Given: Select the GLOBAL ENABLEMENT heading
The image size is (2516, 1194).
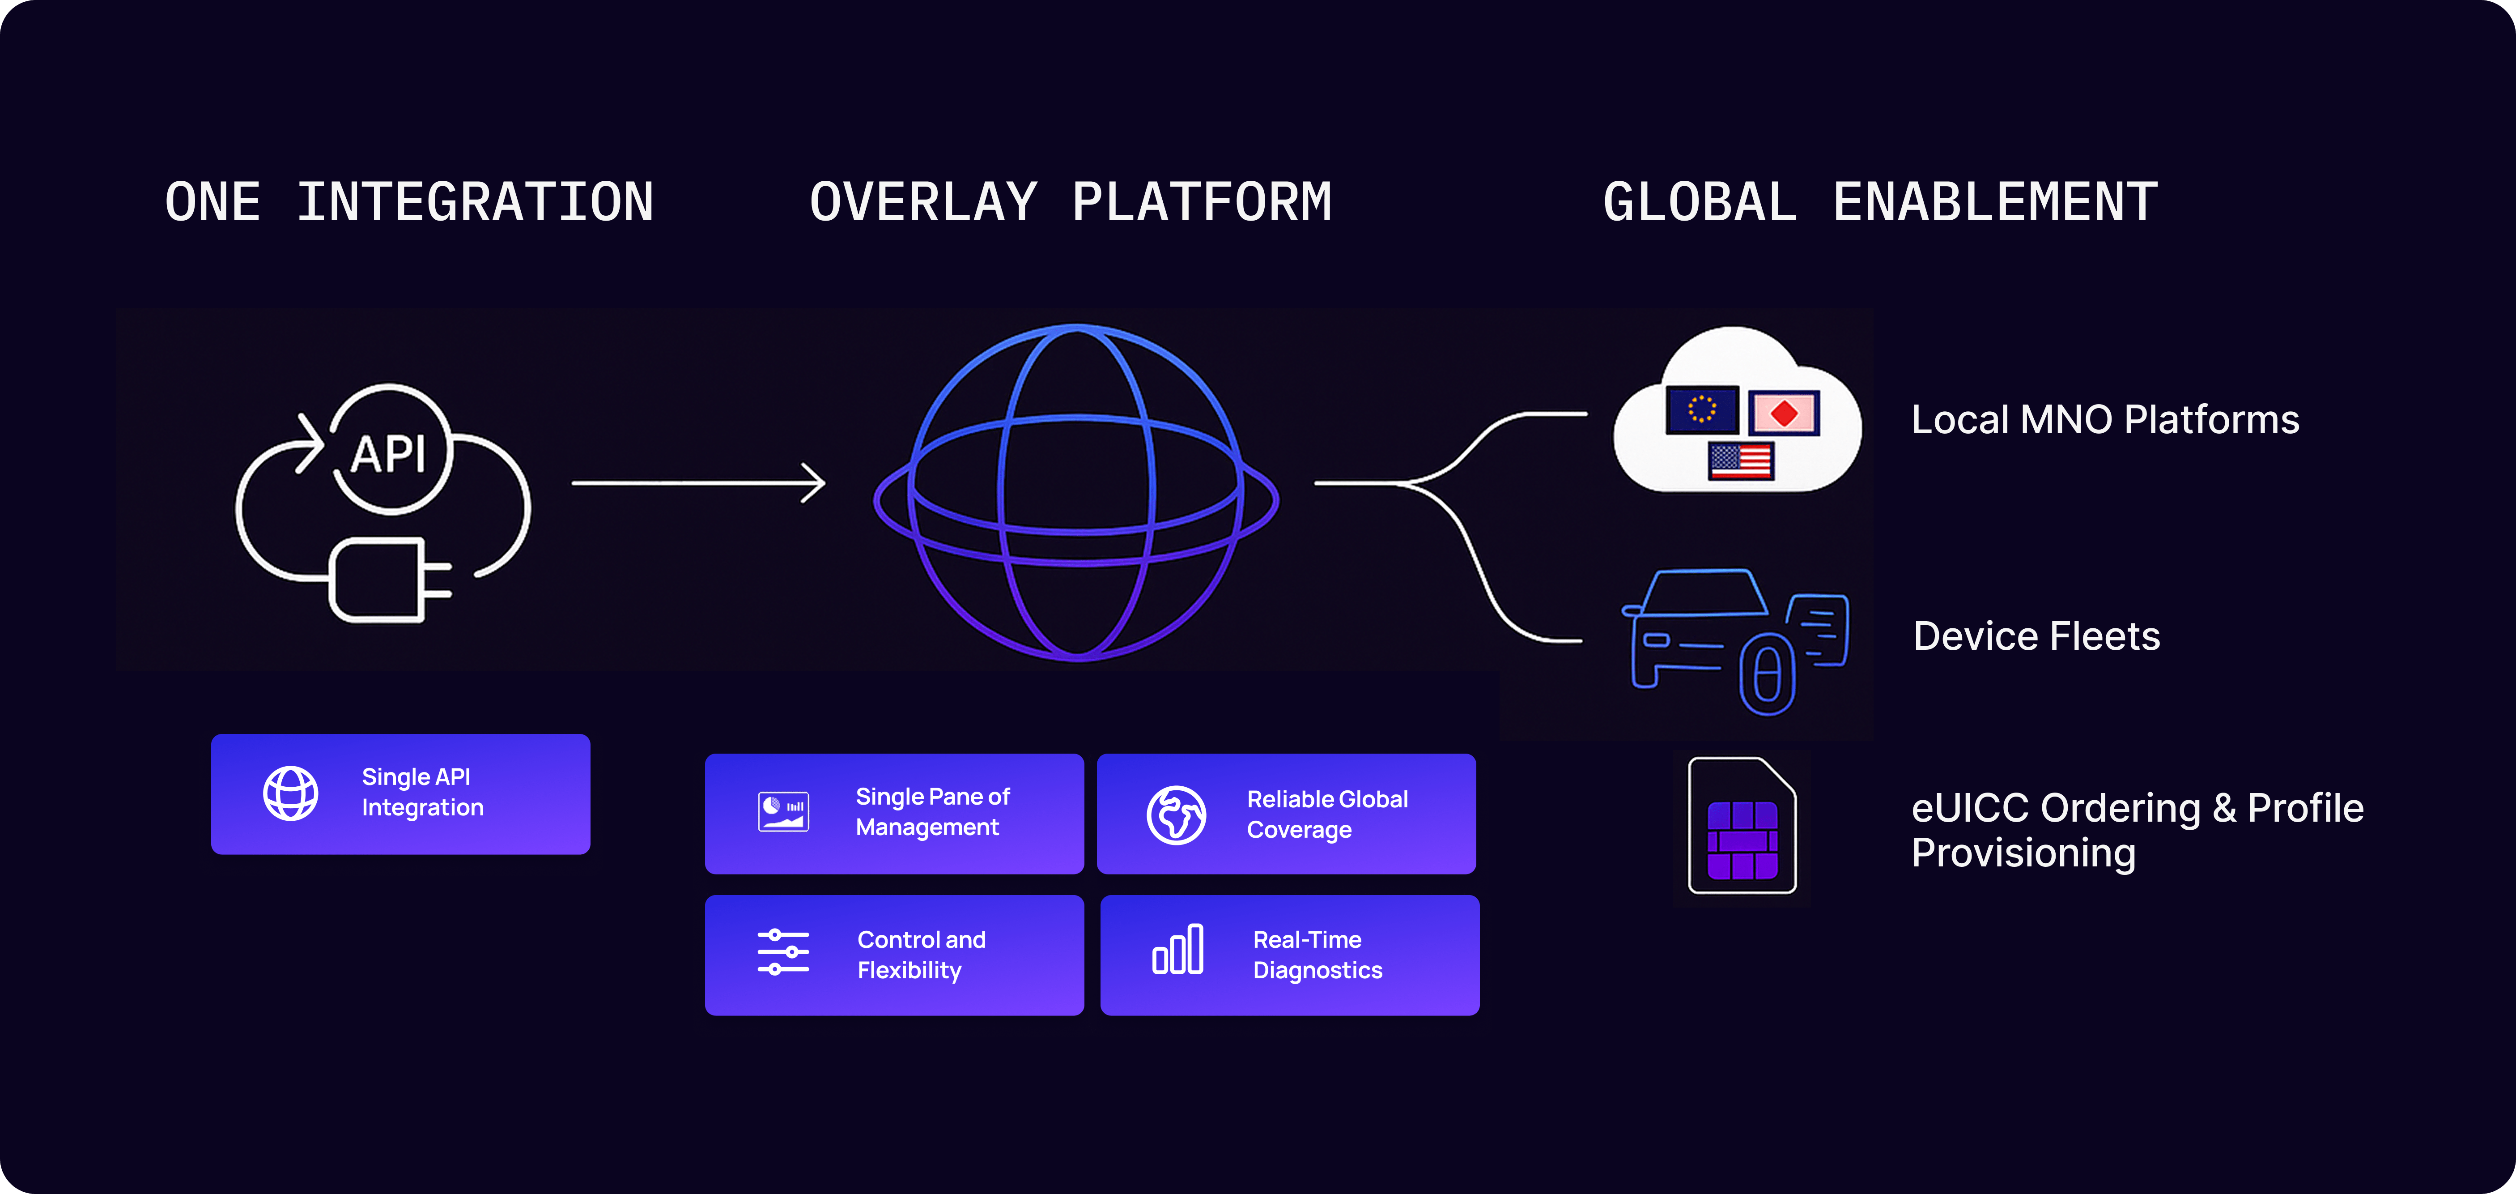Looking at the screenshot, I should pos(1880,202).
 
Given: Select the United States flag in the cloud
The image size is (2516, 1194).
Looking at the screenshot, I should pos(1741,460).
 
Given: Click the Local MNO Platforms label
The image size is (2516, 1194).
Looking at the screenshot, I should pos(2105,420).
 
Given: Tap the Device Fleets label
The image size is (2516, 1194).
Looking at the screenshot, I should pos(2036,636).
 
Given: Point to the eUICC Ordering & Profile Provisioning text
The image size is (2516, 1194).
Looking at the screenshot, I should pos(2137,830).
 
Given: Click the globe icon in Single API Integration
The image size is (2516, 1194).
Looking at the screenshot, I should pos(290,793).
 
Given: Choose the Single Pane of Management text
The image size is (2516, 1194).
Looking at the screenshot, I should pos(932,812).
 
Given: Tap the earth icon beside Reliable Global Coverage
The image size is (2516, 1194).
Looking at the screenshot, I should pos(1176,815).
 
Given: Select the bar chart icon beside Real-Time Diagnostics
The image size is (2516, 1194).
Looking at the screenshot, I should pos(1178,950).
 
